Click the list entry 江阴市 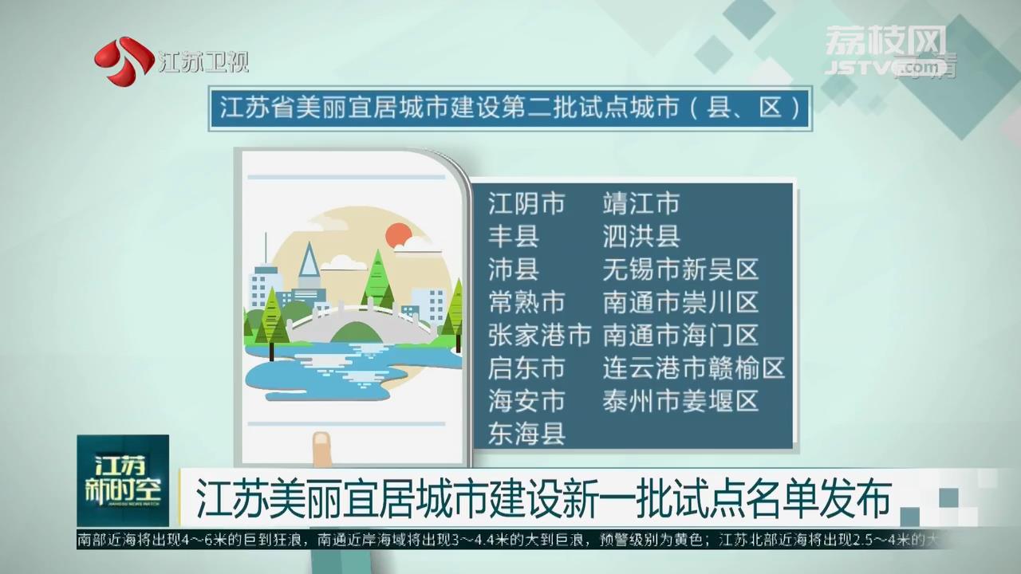[526, 203]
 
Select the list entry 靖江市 [641, 203]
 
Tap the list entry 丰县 [514, 236]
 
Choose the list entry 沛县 [514, 269]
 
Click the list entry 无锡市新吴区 [680, 269]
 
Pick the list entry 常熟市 [526, 302]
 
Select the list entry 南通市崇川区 [680, 302]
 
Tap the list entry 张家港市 [540, 335]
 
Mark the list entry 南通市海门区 [680, 335]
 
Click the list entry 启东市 [526, 368]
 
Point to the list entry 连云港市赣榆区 [694, 368]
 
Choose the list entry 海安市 [526, 400]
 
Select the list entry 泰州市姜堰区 [680, 400]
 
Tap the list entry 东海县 [526, 433]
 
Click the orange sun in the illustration [399, 236]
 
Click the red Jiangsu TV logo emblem [124, 61]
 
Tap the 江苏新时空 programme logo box [123, 481]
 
